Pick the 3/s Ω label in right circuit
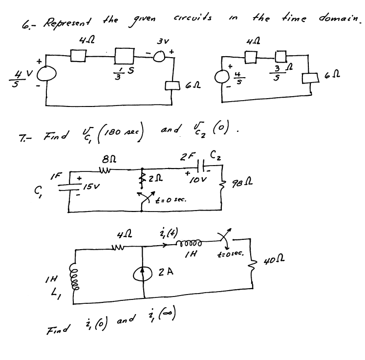pos(280,74)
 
